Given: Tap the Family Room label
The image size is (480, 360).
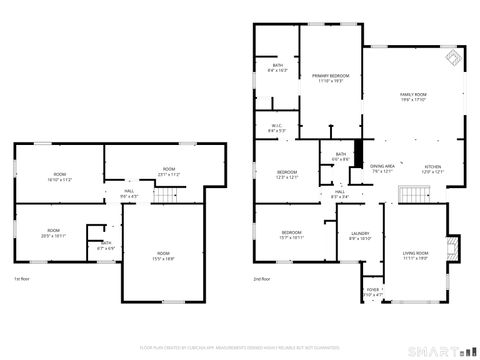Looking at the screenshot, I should [413, 96].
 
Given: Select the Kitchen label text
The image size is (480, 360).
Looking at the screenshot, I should [433, 169].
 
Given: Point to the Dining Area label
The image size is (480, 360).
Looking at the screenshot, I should [383, 169].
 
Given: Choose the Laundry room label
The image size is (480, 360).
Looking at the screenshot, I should [360, 236].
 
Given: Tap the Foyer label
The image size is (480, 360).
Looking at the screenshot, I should [373, 293].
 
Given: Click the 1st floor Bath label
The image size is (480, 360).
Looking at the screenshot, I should [105, 244].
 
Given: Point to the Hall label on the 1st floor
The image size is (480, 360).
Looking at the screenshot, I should [129, 193].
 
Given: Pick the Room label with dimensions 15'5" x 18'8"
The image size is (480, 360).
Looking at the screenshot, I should [163, 256].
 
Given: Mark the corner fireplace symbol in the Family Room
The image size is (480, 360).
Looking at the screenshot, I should [451, 59].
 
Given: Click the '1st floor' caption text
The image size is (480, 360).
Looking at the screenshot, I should [21, 278].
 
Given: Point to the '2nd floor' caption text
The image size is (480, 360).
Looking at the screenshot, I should [262, 278].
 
